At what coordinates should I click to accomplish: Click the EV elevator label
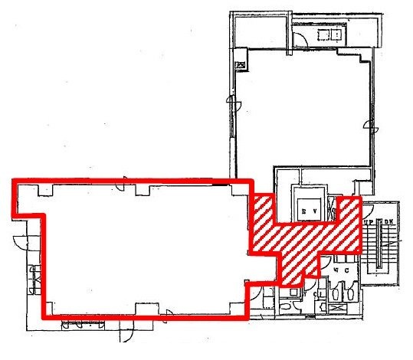click(x=310, y=210)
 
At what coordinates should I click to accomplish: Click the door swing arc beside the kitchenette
click(x=300, y=38)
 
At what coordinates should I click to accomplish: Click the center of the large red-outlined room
click(x=142, y=249)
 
